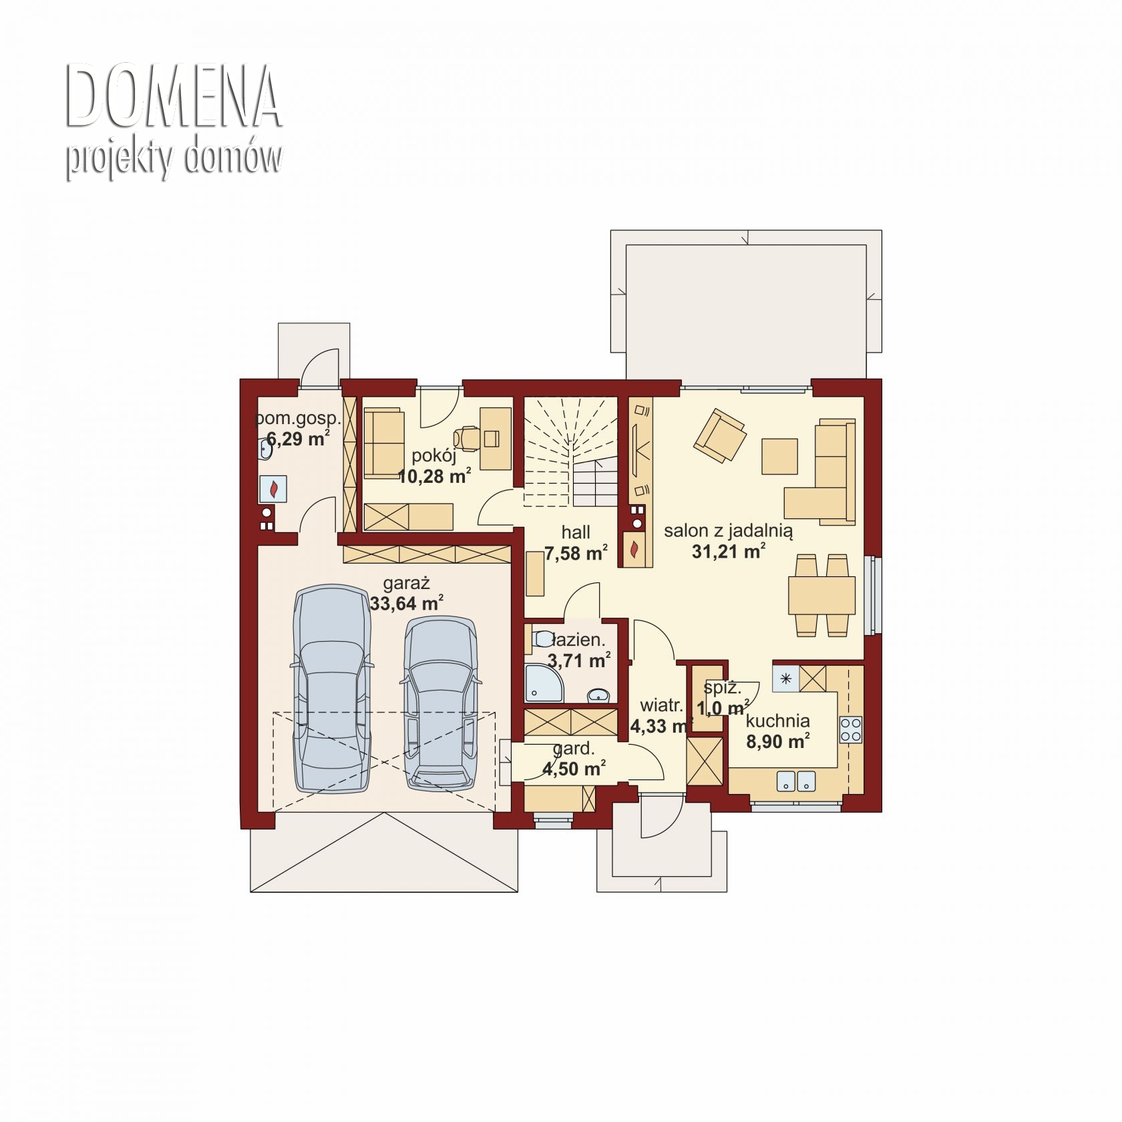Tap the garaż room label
pos(406,583)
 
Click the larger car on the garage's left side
pos(332,689)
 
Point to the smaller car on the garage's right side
pos(440,703)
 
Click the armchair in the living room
pos(719,435)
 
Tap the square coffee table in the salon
pos(779,456)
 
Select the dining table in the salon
pos(821,595)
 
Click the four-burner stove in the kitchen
pos(850,729)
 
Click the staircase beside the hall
pos(570,452)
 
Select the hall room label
pos(576,532)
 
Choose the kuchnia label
pos(778,721)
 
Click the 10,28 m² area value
pos(435,476)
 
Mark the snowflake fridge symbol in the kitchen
pos(786,679)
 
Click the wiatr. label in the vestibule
pos(661,705)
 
